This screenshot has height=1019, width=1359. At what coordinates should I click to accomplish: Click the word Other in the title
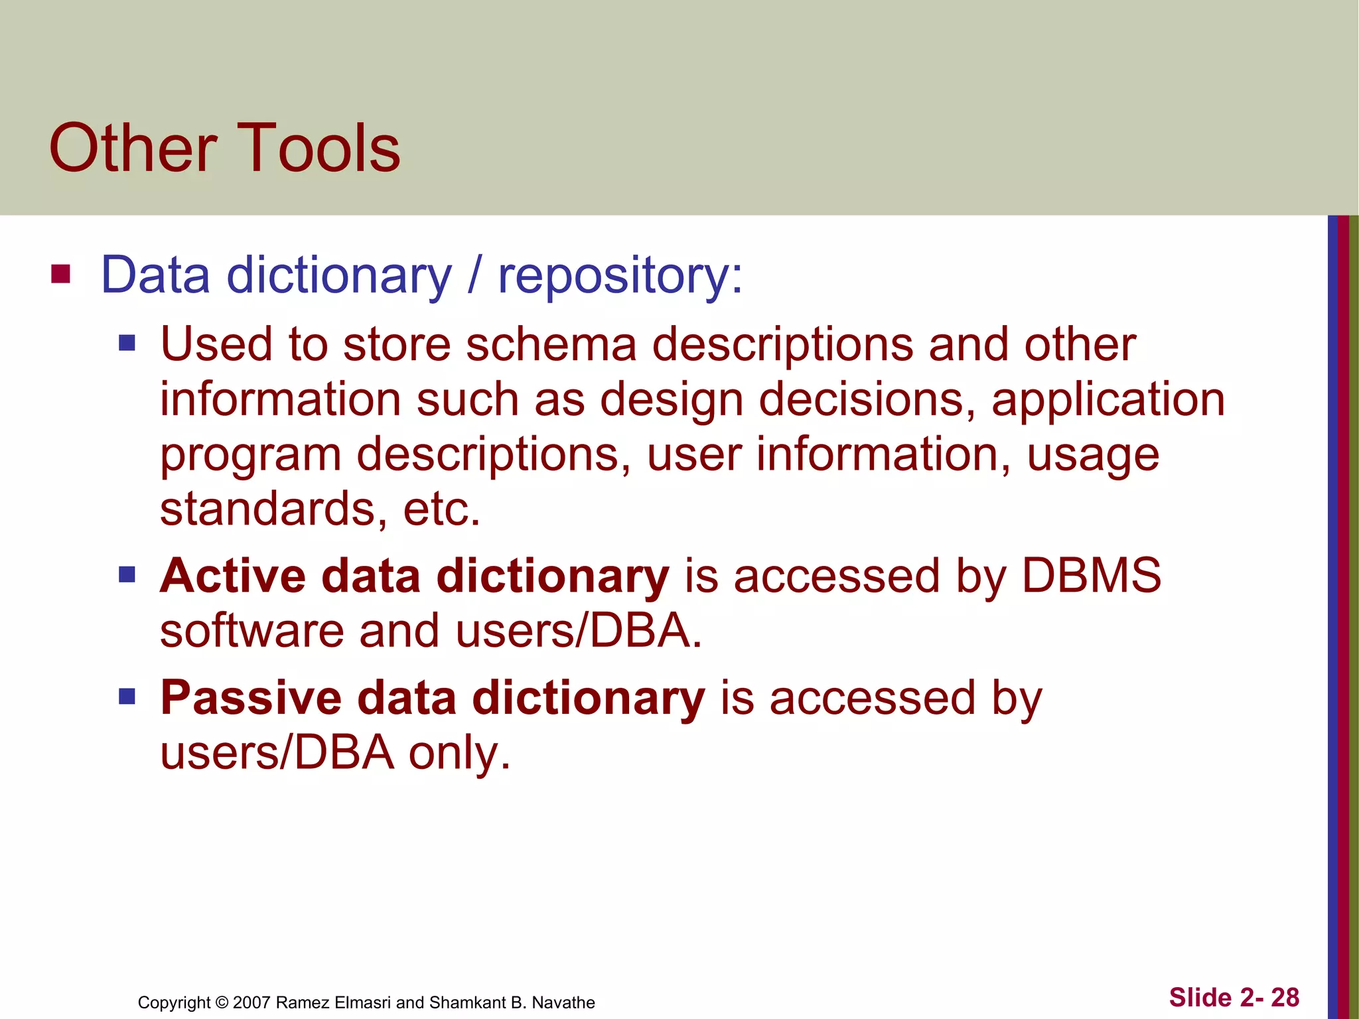(x=133, y=149)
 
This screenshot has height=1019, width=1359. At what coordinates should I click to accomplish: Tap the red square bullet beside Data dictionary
(x=60, y=273)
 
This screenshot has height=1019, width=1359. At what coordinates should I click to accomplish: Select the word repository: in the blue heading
(x=620, y=275)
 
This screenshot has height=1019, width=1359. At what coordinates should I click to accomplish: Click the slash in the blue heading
(x=474, y=275)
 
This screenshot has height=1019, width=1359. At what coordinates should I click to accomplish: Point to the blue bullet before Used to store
(x=127, y=343)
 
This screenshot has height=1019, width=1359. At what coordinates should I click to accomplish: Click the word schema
(x=551, y=345)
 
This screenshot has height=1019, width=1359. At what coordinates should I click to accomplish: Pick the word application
(x=1108, y=401)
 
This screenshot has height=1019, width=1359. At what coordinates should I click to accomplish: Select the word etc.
(x=441, y=509)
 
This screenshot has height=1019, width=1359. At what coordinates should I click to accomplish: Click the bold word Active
(x=232, y=575)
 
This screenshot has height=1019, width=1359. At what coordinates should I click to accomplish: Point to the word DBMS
(x=1091, y=575)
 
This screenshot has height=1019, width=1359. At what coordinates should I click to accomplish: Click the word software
(x=251, y=631)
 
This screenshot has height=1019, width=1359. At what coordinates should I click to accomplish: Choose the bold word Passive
(x=250, y=698)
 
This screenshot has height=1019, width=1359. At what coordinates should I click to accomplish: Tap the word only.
(x=459, y=754)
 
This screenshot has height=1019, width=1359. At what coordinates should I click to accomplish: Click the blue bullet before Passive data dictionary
(x=127, y=697)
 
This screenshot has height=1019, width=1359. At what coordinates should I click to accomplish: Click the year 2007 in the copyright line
(x=251, y=1002)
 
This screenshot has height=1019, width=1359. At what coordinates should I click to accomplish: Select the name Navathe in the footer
(x=563, y=1002)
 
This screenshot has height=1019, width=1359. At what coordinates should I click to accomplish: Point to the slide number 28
(x=1285, y=998)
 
